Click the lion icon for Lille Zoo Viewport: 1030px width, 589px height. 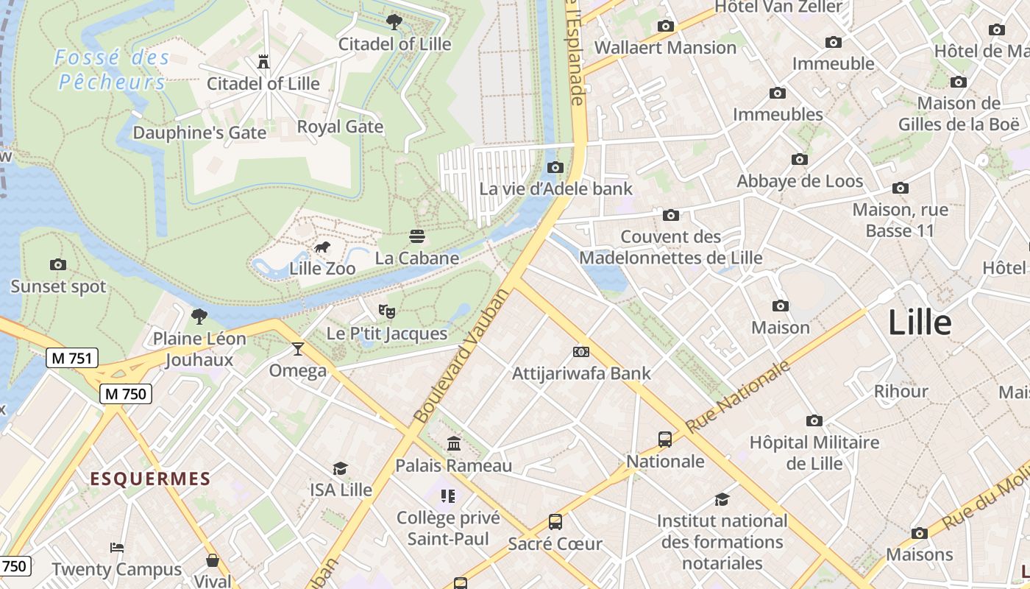click(x=322, y=247)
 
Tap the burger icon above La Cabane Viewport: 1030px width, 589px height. click(x=417, y=236)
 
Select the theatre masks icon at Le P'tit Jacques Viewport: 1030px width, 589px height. click(x=387, y=311)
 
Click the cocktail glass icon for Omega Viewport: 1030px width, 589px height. click(x=298, y=348)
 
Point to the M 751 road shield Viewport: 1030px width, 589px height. click(x=72, y=359)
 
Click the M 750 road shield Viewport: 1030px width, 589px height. click(x=126, y=394)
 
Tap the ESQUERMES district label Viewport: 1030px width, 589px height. click(x=150, y=479)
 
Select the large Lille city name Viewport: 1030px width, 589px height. click(x=920, y=322)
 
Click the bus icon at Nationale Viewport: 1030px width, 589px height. click(x=665, y=440)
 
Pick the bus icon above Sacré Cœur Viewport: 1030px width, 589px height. click(x=555, y=522)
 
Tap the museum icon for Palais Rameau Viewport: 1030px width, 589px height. click(x=454, y=444)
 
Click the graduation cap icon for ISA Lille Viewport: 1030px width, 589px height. click(x=340, y=468)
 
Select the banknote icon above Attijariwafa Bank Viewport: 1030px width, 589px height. click(x=581, y=352)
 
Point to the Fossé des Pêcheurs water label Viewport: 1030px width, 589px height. click(x=112, y=69)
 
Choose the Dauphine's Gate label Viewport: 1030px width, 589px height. click(x=199, y=133)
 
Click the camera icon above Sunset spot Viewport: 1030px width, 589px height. click(x=58, y=264)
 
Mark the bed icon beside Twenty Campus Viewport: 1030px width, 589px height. click(x=117, y=548)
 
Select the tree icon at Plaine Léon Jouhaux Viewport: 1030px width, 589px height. click(x=199, y=317)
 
